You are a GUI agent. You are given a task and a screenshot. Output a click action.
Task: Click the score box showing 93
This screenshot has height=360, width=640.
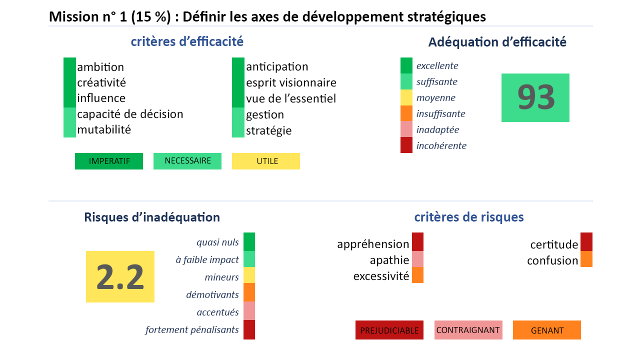(x=535, y=97)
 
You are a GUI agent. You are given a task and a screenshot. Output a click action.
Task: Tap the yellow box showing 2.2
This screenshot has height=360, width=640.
(x=120, y=276)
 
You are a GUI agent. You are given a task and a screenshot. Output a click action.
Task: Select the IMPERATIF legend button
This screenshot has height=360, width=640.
(x=109, y=161)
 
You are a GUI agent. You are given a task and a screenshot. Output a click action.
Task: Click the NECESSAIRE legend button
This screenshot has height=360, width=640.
(x=187, y=161)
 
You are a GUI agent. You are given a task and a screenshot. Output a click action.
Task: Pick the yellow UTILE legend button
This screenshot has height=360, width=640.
(x=266, y=161)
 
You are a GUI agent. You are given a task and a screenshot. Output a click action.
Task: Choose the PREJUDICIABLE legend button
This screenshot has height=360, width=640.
(x=389, y=330)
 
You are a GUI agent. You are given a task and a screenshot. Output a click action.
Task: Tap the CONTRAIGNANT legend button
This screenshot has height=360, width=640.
(x=468, y=330)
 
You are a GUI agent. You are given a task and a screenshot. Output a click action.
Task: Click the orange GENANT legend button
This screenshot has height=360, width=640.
(x=547, y=330)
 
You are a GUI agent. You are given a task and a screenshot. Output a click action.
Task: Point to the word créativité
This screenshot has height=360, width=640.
(x=101, y=82)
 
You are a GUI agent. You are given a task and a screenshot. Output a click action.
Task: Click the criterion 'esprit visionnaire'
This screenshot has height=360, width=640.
(x=291, y=83)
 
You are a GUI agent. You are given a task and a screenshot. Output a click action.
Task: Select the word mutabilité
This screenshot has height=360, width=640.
(x=104, y=129)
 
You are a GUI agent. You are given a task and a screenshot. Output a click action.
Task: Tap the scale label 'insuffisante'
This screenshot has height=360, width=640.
(x=440, y=113)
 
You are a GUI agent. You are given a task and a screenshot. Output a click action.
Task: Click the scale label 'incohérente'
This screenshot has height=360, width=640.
(x=441, y=145)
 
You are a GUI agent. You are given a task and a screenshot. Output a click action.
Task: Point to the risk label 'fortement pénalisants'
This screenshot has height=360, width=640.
(x=192, y=329)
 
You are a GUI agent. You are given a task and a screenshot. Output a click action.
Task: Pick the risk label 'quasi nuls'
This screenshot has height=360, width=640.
(x=217, y=242)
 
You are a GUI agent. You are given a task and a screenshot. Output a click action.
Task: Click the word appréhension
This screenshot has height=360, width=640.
(x=373, y=244)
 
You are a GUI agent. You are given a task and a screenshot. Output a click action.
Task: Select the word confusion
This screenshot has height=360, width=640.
(x=552, y=260)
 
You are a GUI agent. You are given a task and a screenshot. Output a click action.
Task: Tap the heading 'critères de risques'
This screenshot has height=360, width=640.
(x=469, y=217)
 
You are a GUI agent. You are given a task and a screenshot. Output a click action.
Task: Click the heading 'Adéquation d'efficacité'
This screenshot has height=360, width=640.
(x=497, y=42)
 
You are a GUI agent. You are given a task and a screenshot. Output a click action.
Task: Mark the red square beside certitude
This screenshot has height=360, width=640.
(x=586, y=241)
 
